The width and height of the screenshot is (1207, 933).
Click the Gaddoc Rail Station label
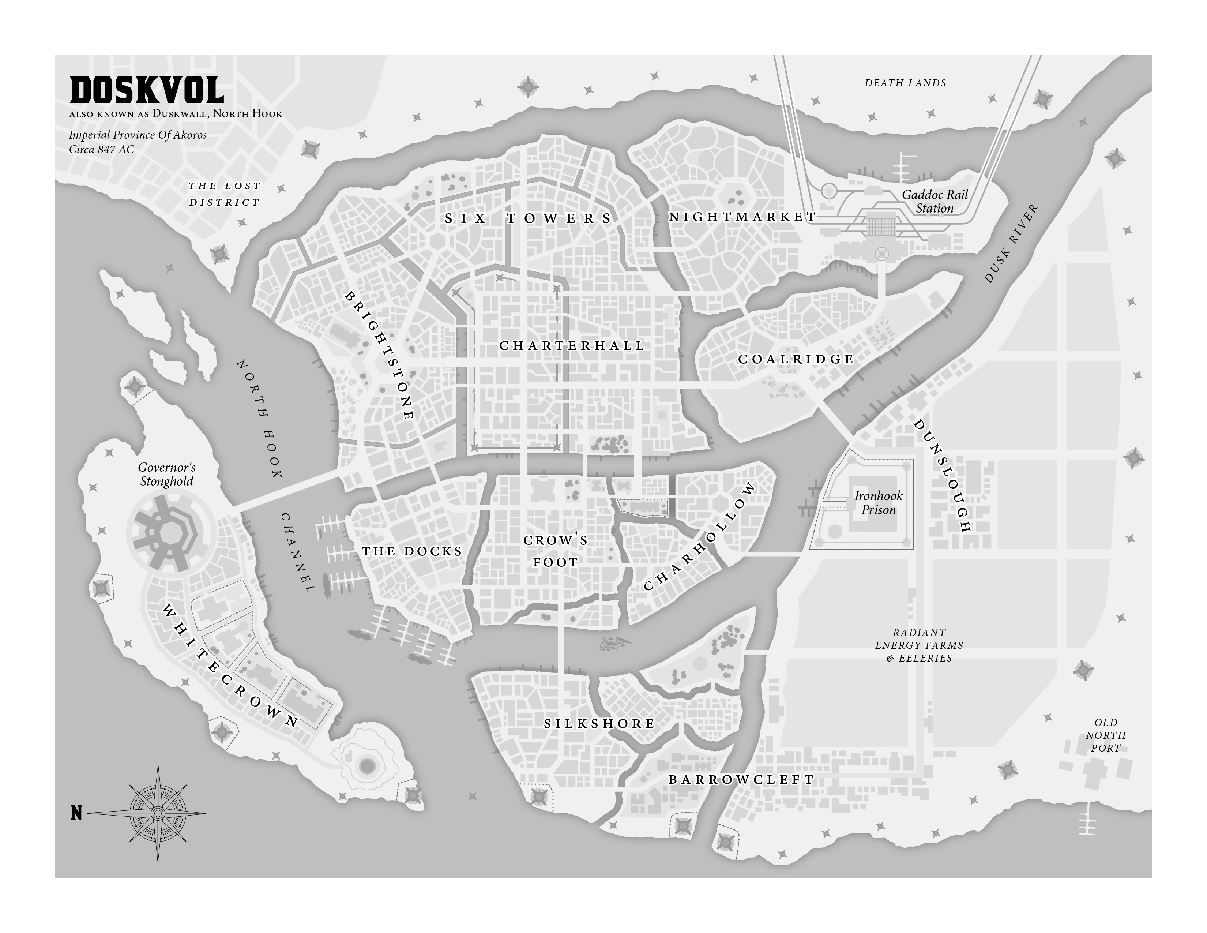(x=935, y=202)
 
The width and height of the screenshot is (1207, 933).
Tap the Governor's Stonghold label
(x=166, y=474)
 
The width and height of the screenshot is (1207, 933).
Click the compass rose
(x=158, y=813)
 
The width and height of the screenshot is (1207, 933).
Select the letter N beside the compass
(x=76, y=813)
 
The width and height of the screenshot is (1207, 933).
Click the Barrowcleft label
(x=741, y=780)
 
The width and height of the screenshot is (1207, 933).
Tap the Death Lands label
(x=905, y=83)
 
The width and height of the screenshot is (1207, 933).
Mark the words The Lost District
(x=224, y=194)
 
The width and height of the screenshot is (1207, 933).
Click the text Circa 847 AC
(x=101, y=150)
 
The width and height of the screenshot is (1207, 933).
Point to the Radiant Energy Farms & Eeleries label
(x=919, y=645)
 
